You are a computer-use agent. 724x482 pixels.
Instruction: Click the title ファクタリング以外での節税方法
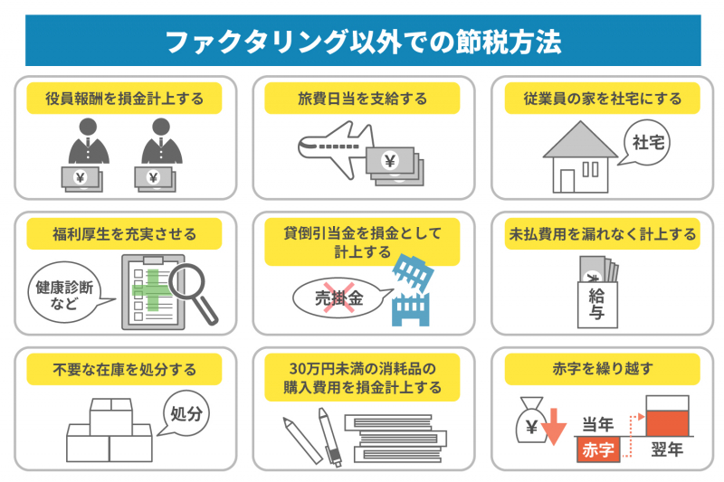pyautogui.click(x=362, y=41)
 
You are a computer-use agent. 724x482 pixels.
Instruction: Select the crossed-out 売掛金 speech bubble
pyautogui.click(x=339, y=297)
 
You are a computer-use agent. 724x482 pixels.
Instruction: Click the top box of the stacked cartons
pyautogui.click(x=110, y=418)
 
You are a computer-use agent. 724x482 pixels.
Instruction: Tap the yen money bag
pyautogui.click(x=529, y=423)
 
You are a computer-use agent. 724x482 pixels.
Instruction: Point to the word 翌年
pyautogui.click(x=666, y=449)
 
